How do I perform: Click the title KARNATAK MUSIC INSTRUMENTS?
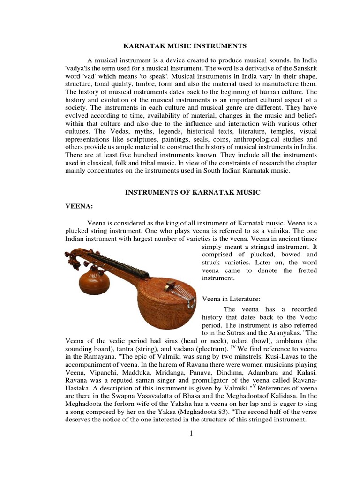[x=184, y=46]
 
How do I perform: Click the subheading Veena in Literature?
[x=231, y=299]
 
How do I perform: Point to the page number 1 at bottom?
[x=191, y=434]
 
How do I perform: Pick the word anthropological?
[x=245, y=140]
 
